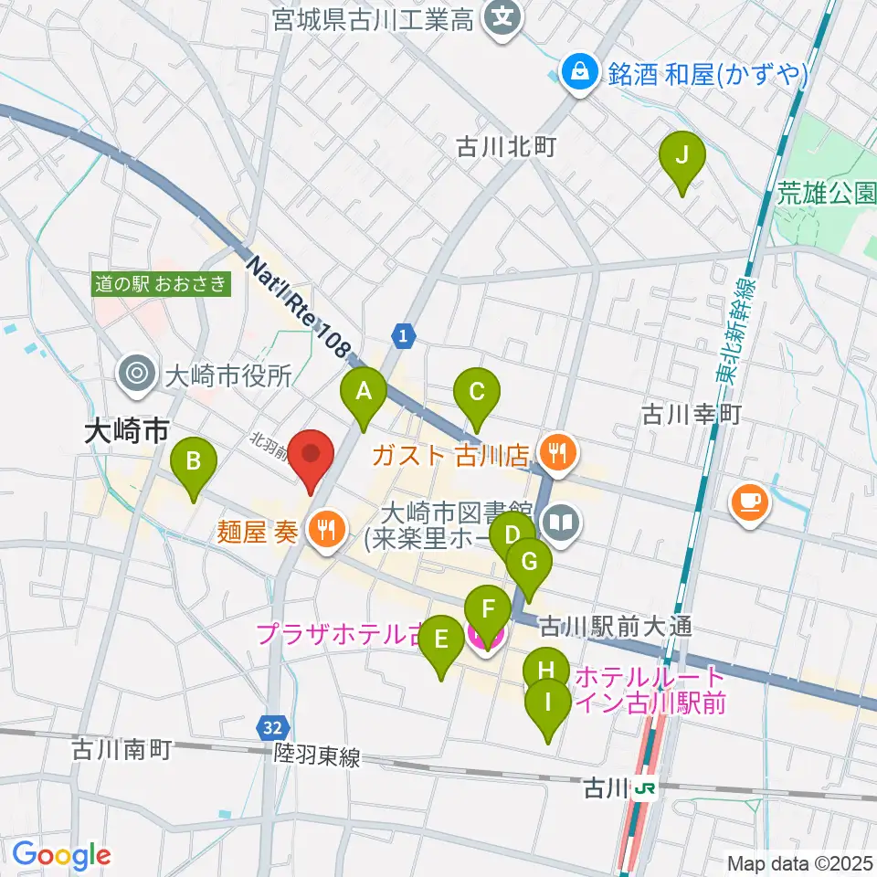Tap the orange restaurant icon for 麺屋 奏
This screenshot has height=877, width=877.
(323, 527)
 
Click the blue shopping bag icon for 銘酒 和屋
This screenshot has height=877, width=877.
(578, 71)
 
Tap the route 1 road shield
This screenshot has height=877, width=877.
(403, 336)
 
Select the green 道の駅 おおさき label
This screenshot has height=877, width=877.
(161, 284)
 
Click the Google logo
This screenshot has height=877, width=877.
(61, 855)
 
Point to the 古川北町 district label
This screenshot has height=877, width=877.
(506, 145)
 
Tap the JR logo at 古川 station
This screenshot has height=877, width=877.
(648, 787)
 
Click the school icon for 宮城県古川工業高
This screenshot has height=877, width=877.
(502, 18)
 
